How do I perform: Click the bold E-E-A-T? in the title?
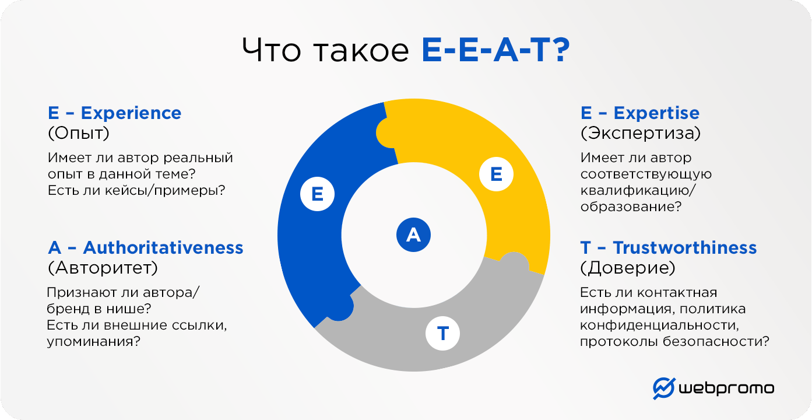tap(495, 51)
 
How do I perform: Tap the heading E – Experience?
tap(114, 113)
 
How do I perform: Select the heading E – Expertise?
tap(639, 113)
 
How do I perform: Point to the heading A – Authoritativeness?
tap(145, 247)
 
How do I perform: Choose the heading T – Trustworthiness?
tap(668, 247)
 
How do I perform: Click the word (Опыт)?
tap(78, 133)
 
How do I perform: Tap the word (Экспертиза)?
tap(640, 133)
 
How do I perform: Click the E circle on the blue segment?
tap(318, 194)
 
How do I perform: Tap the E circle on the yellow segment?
tap(496, 174)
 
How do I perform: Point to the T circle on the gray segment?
tap(443, 333)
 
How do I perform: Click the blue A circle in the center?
tap(413, 235)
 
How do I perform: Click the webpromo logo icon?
tap(663, 388)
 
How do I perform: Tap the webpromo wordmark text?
tap(726, 388)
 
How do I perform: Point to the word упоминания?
tap(93, 341)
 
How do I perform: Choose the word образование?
tap(631, 206)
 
